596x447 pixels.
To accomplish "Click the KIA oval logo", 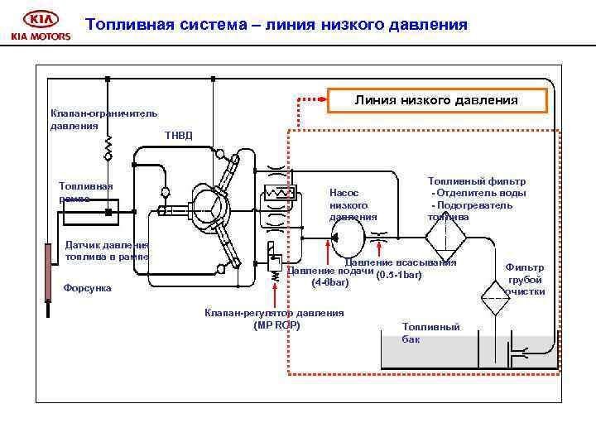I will (41, 19).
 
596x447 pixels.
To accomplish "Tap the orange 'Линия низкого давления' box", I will (436, 100).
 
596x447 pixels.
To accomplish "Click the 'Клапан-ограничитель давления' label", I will (103, 119).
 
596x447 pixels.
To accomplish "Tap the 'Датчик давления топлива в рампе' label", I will (106, 250).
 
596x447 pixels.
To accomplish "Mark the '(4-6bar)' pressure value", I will (330, 283).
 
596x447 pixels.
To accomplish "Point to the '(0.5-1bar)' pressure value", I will (398, 274).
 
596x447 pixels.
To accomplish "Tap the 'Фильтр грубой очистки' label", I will (525, 279).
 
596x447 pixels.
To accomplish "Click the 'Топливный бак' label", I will (430, 332).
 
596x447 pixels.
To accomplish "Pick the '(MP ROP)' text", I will (276, 324).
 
